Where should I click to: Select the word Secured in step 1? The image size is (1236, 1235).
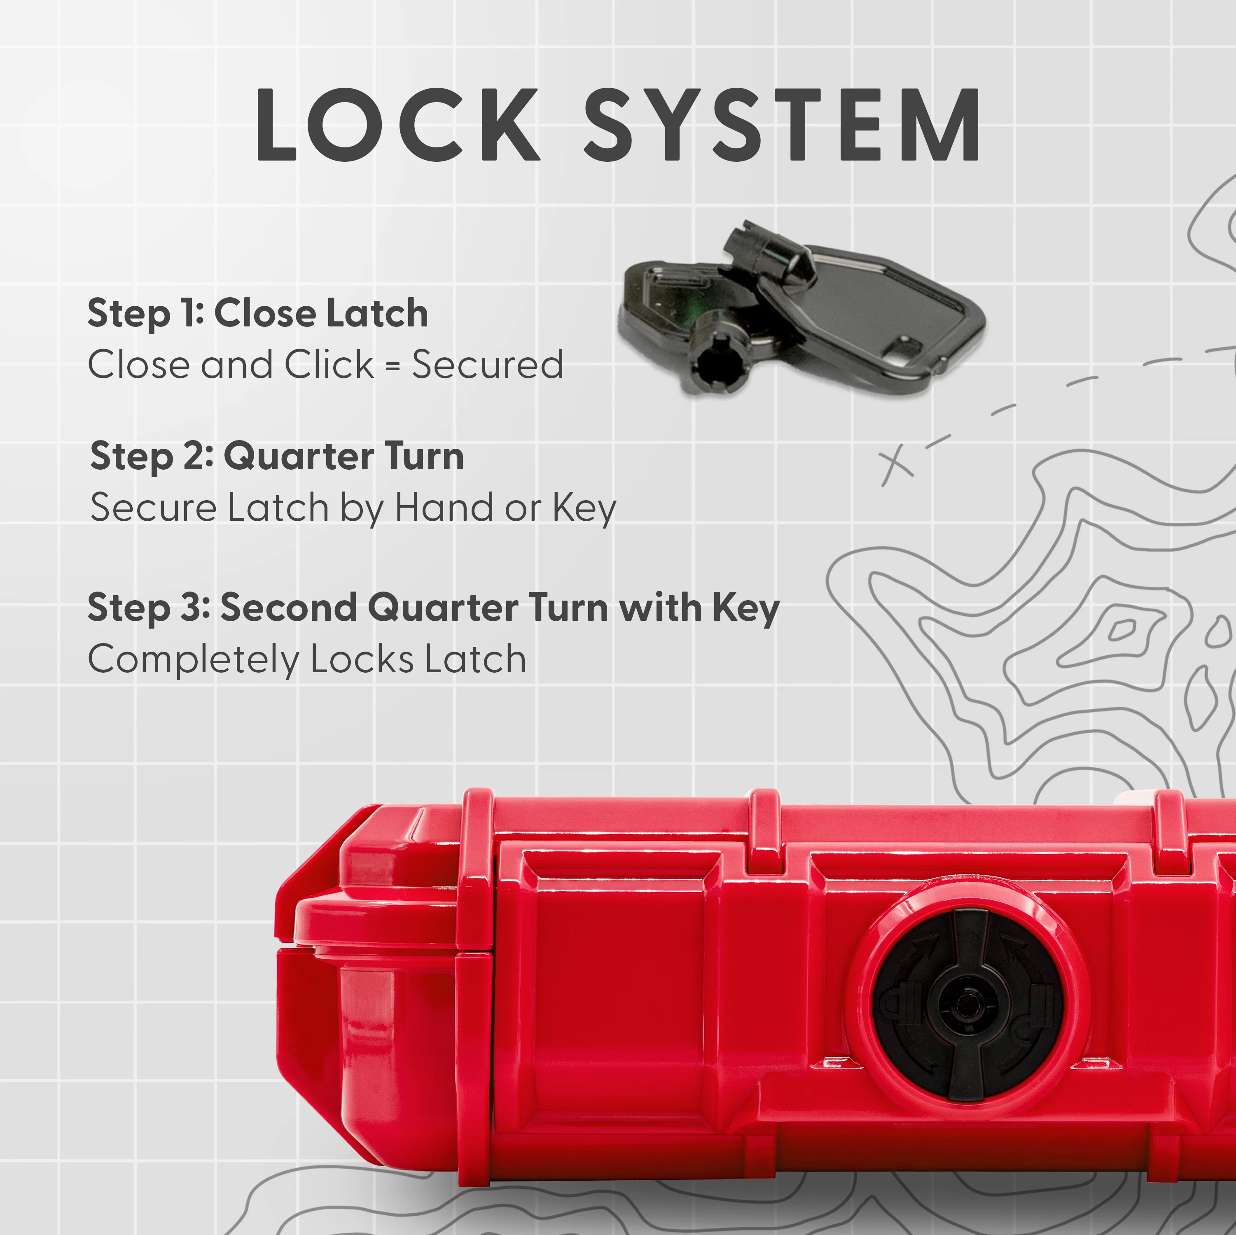click(488, 365)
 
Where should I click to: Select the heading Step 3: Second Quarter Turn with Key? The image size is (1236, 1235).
click(434, 608)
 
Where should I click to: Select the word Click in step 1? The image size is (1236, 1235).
click(329, 365)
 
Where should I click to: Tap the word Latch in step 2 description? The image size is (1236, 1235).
click(278, 508)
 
